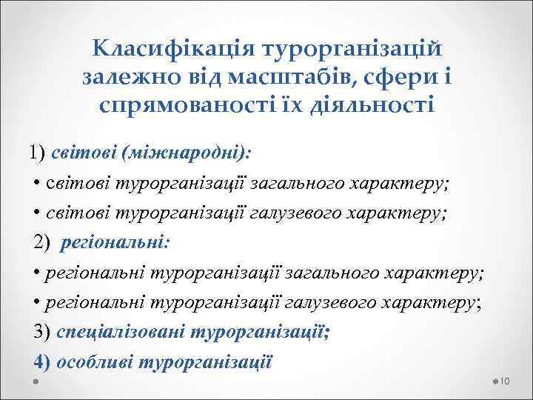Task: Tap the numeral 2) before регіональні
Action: click(x=41, y=242)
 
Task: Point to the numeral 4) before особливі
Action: click(x=41, y=362)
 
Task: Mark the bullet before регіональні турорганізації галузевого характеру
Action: click(x=37, y=302)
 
